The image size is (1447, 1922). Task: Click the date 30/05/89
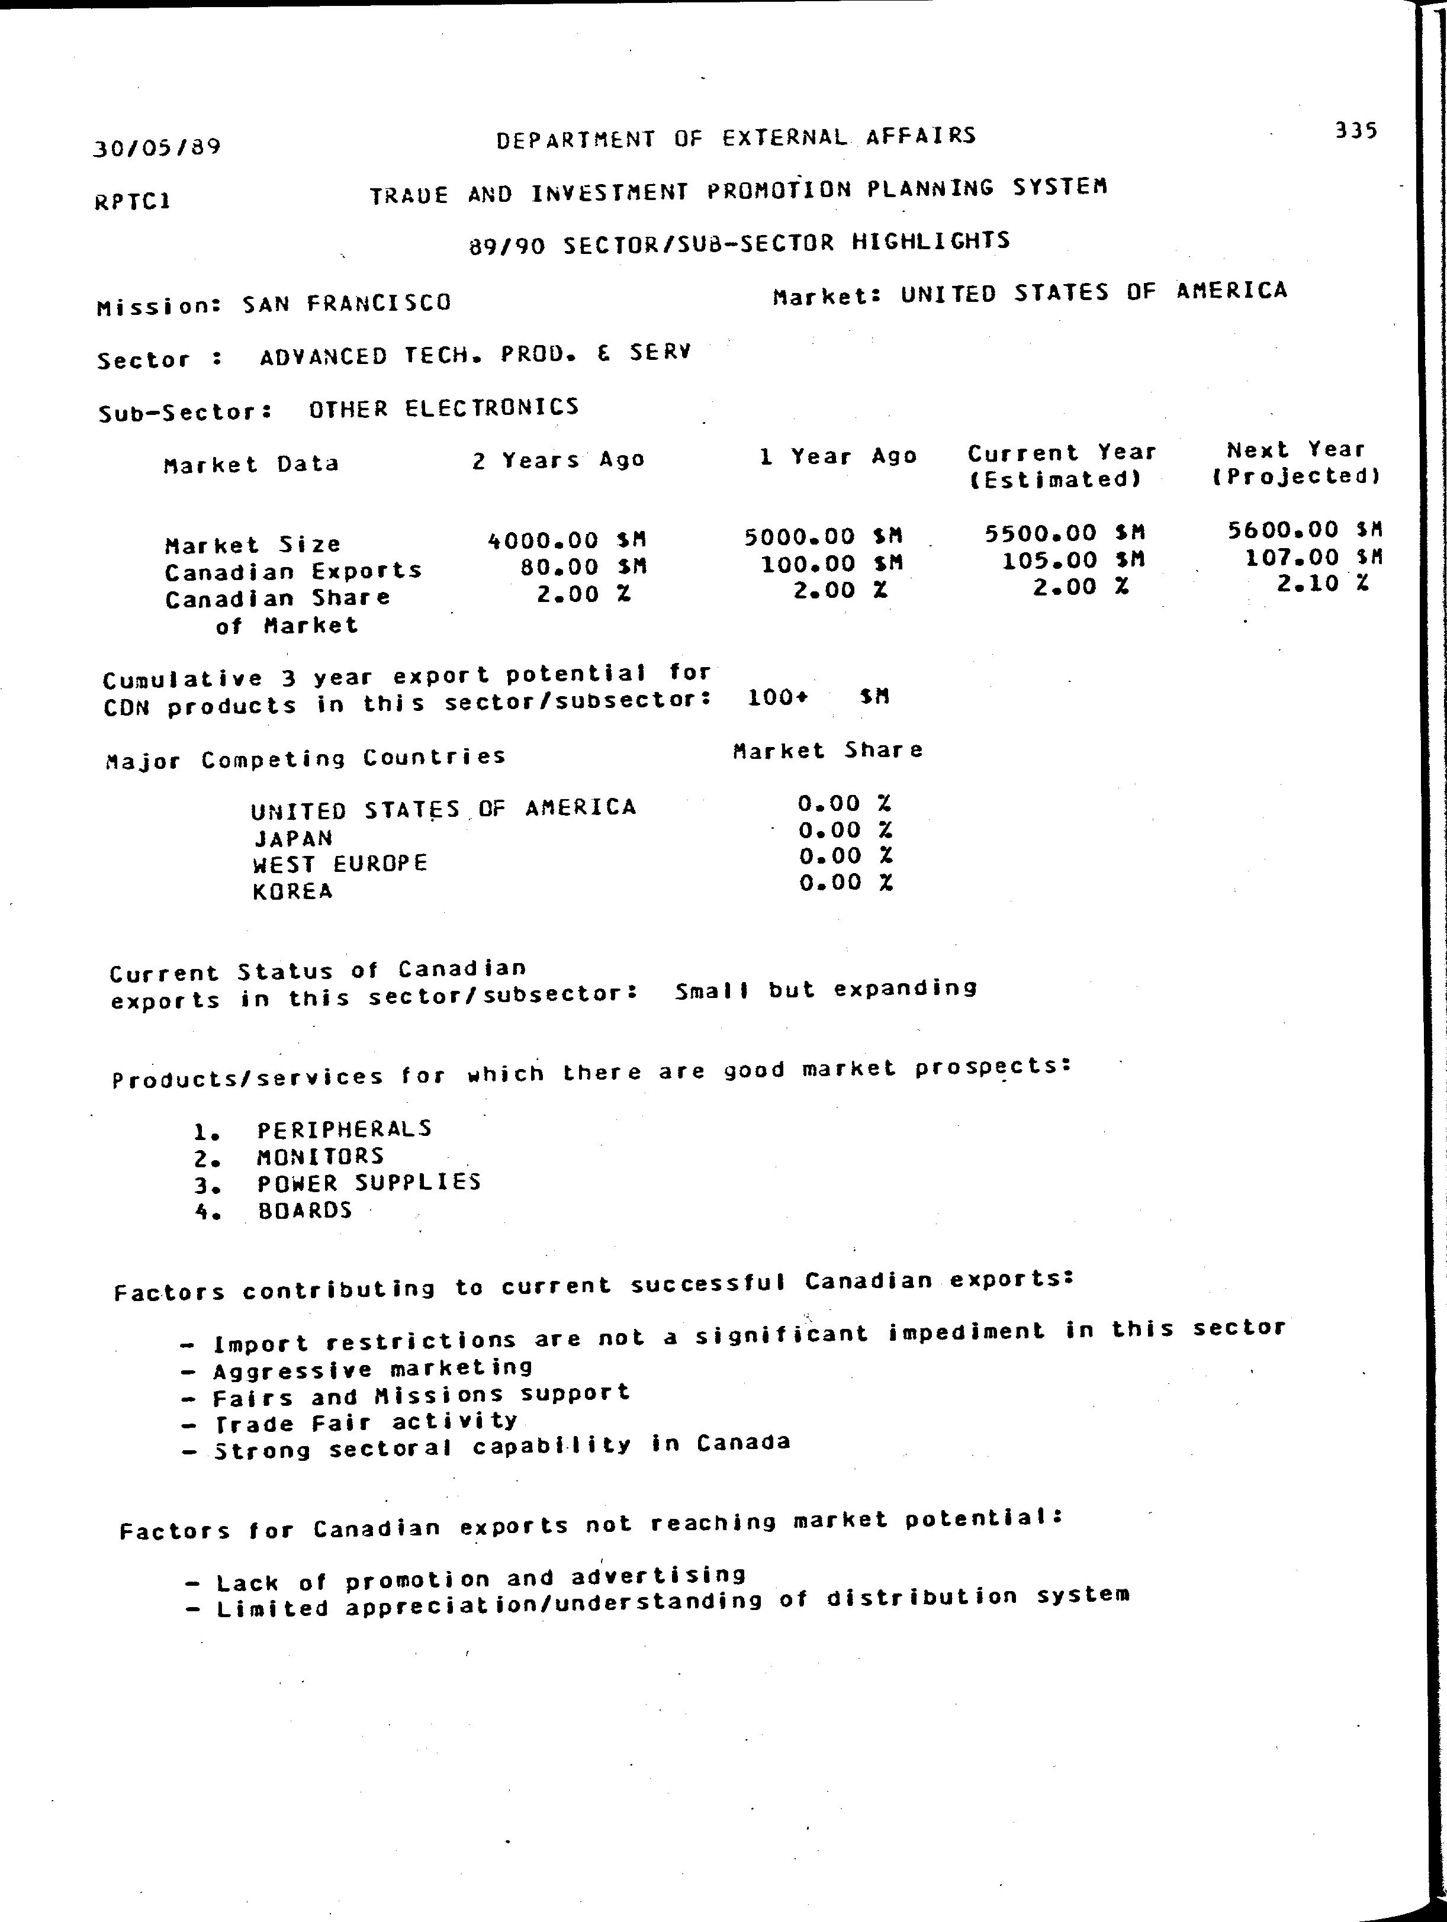coord(156,146)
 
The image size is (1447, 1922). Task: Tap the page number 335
coord(1356,130)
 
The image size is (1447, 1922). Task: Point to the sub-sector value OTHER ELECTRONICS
coord(443,407)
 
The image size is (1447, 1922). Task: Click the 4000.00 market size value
coord(543,540)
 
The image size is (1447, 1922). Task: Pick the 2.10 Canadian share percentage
coord(1308,584)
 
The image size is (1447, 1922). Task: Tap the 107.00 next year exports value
coord(1292,557)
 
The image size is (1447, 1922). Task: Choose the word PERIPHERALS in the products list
coord(344,1129)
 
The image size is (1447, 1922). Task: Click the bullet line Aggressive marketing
coord(373,1369)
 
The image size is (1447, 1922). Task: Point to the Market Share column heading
coord(827,750)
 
